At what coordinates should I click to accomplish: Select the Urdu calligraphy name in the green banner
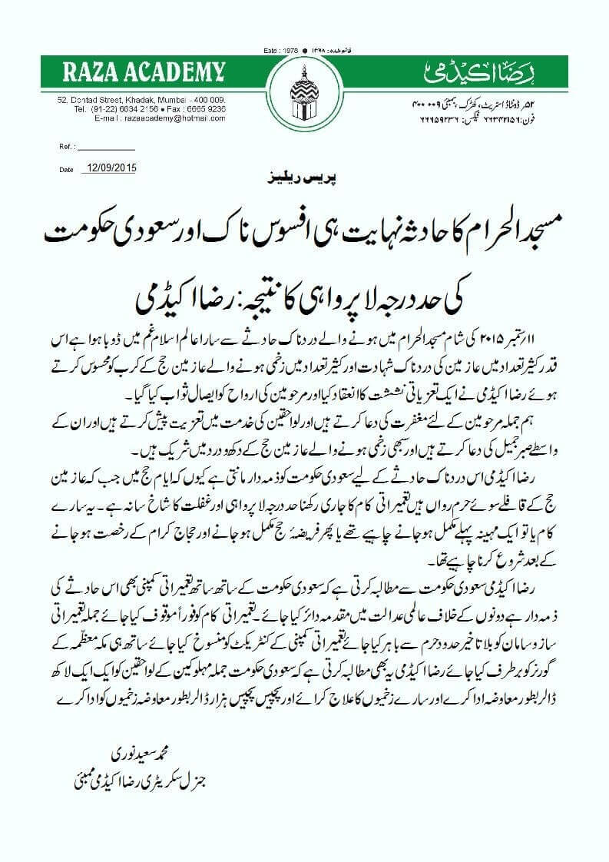click(x=480, y=74)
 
